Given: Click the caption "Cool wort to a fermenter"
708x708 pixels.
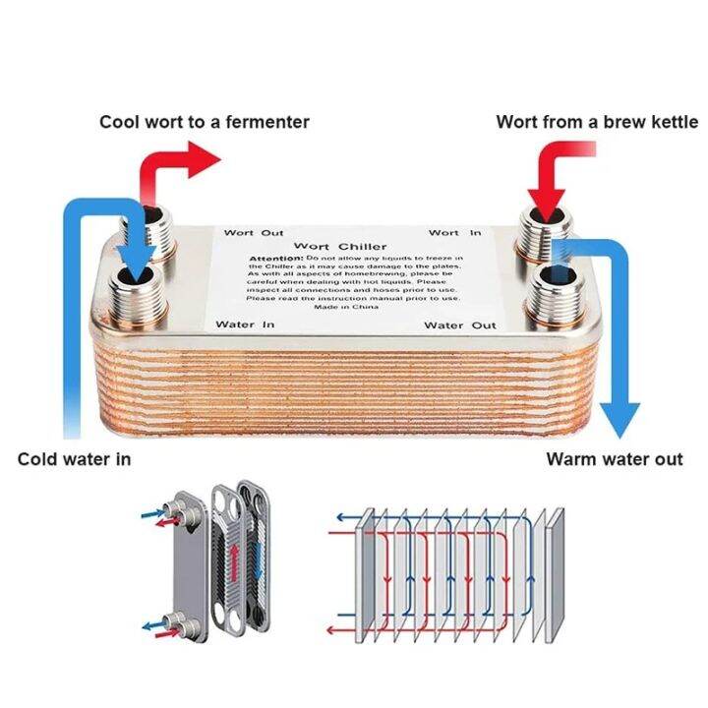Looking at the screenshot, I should [x=205, y=122].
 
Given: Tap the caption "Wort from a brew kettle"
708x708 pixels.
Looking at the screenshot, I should [x=596, y=122].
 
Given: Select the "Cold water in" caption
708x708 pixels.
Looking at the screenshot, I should [x=74, y=459].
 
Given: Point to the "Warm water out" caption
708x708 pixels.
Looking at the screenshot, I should [x=615, y=459].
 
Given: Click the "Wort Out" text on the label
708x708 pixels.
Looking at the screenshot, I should [x=253, y=233].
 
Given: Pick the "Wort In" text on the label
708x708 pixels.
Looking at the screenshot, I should [x=455, y=233].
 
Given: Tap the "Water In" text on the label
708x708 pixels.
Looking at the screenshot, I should [x=245, y=324].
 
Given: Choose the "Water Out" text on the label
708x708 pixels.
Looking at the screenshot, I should [x=460, y=324].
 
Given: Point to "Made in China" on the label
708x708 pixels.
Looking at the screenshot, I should [x=346, y=307].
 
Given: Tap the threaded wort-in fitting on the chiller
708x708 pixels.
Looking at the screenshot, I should [x=544, y=236].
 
